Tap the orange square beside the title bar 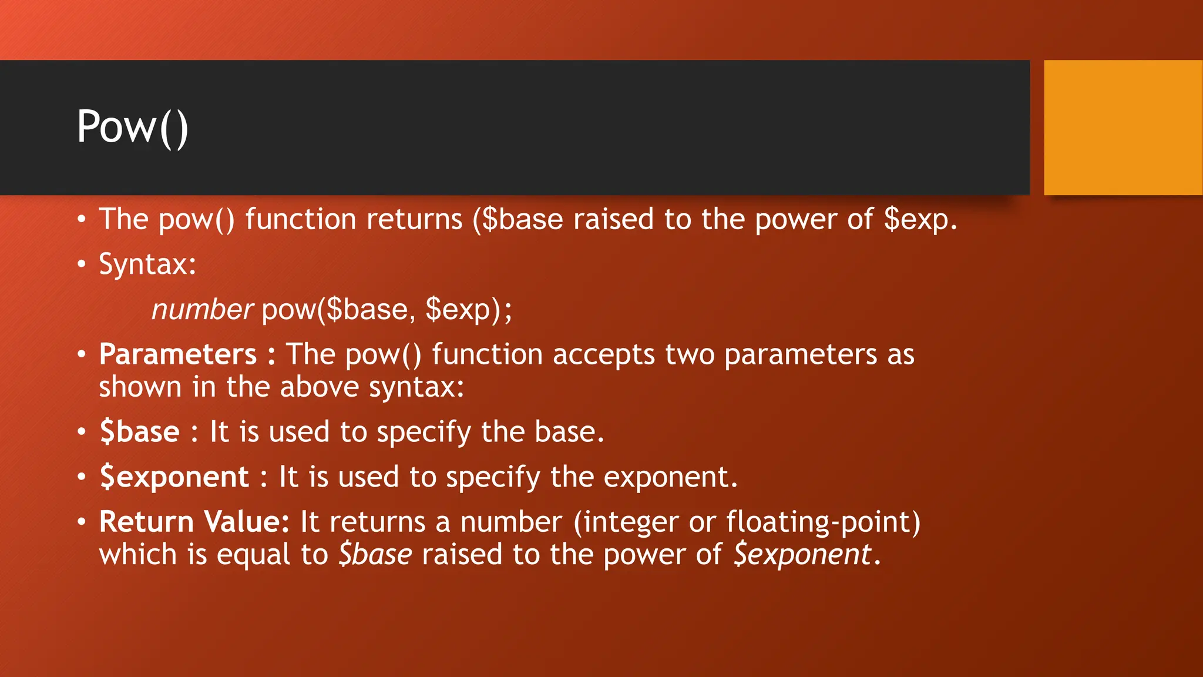(1123, 128)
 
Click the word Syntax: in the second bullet (147, 264)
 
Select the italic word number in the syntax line (202, 310)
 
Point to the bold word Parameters (178, 354)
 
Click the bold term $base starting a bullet (139, 432)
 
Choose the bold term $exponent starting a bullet (174, 477)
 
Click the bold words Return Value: (194, 522)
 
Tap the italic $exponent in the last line (802, 555)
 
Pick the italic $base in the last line (375, 555)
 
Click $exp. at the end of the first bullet (920, 220)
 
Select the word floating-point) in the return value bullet (823, 522)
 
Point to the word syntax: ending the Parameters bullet (416, 387)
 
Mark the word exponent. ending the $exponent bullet (670, 477)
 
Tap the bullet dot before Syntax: (82, 264)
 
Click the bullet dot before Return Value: (82, 522)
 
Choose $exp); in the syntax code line (468, 310)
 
